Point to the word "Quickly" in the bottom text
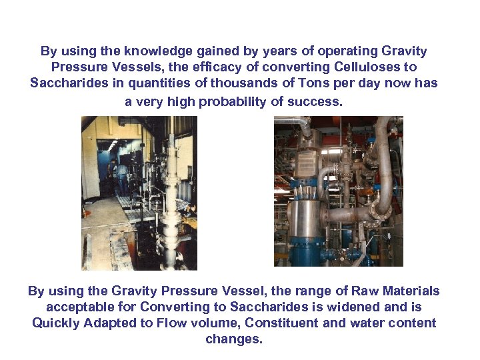point(55,323)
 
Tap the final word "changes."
point(234,339)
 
